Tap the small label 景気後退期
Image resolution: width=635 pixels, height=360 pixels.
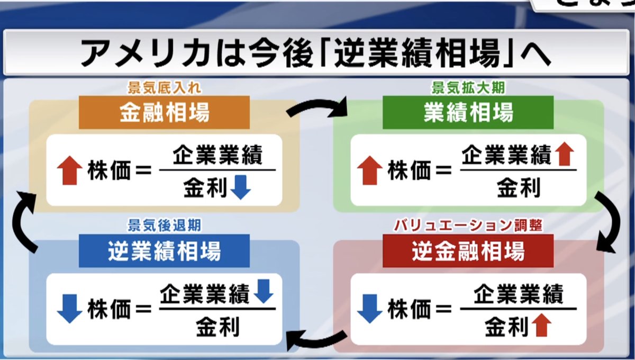click(x=164, y=226)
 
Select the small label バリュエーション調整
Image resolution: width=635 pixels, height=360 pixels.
click(x=468, y=226)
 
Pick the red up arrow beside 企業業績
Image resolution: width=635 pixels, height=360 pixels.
click(x=565, y=155)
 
